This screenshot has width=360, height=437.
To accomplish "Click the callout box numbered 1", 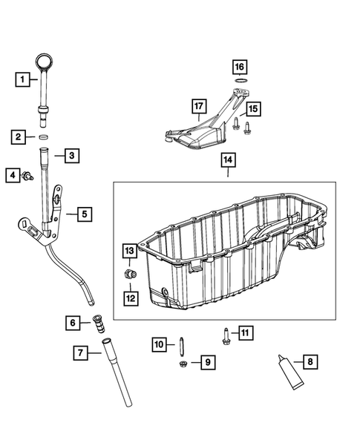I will tap(24, 78).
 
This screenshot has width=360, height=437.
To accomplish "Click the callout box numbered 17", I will tap(197, 106).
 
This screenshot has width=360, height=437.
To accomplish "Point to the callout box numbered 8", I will tap(310, 362).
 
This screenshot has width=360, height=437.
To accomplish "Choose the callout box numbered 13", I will tap(129, 251).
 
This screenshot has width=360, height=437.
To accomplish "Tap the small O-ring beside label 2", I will tap(45, 137).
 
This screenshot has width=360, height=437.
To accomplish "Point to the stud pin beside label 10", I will tap(180, 343).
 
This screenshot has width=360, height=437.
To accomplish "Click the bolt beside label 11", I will tap(223, 333).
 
